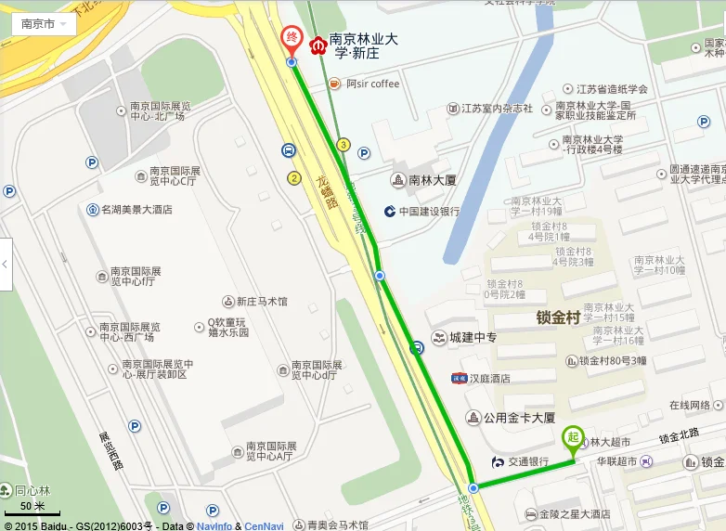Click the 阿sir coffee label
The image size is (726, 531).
(x=371, y=84)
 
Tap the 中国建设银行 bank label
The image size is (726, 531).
(x=429, y=211)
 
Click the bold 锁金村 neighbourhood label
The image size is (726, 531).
(x=558, y=317)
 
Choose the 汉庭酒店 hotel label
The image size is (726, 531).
(x=487, y=378)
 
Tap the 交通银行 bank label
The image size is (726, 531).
(x=527, y=461)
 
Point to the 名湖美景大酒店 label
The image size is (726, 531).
(x=136, y=210)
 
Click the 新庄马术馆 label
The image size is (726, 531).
(x=261, y=302)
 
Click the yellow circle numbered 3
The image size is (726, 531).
(x=344, y=145)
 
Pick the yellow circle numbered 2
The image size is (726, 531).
(x=294, y=177)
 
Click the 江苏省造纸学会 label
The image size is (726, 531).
(x=612, y=89)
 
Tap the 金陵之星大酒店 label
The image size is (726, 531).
(x=574, y=513)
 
